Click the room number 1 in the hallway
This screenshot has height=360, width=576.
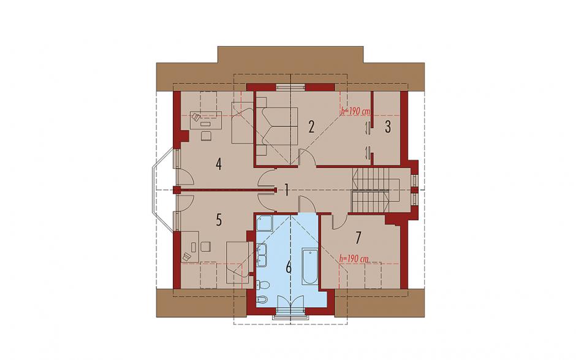click(286, 191)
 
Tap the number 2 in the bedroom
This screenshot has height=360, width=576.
click(311, 127)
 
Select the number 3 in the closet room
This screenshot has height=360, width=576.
click(388, 127)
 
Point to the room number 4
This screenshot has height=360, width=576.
click(219, 164)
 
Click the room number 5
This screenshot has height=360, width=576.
click(219, 220)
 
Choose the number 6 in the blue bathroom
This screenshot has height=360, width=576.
click(289, 267)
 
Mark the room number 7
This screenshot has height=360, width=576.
click(358, 238)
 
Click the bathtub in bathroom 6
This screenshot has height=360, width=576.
click(310, 267)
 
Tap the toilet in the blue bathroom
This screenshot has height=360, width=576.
click(263, 285)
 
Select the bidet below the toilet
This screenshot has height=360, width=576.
click(263, 299)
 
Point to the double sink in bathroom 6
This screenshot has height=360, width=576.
click(262, 255)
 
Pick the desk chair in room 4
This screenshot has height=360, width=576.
click(206, 136)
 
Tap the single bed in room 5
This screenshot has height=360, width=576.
click(238, 262)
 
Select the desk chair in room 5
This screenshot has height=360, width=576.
click(206, 246)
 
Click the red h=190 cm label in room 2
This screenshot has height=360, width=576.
click(355, 110)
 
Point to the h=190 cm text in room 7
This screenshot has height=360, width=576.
click(354, 258)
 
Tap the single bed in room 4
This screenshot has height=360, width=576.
click(243, 123)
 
